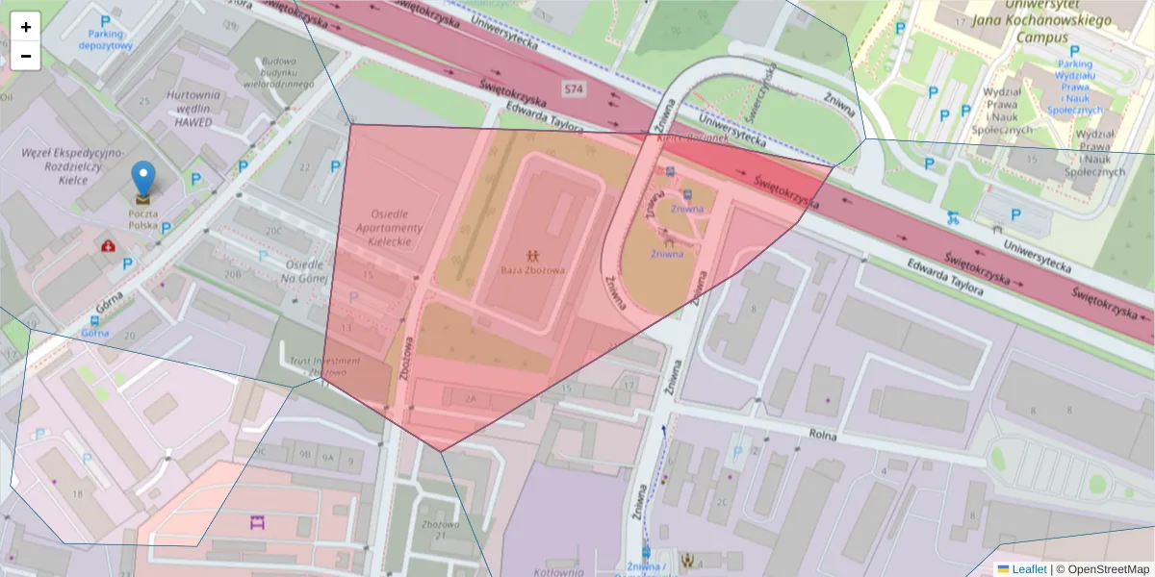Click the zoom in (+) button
coord(26,27)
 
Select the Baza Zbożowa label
coord(532,270)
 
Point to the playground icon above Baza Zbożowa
coord(532,254)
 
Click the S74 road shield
coord(574,89)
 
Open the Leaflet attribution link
coord(1028,569)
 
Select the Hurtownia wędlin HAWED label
coord(193,108)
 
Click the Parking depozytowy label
coord(105,39)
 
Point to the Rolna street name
coord(823,435)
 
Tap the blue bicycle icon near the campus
coord(953,216)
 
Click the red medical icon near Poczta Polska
coord(110,246)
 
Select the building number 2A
coord(470,397)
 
